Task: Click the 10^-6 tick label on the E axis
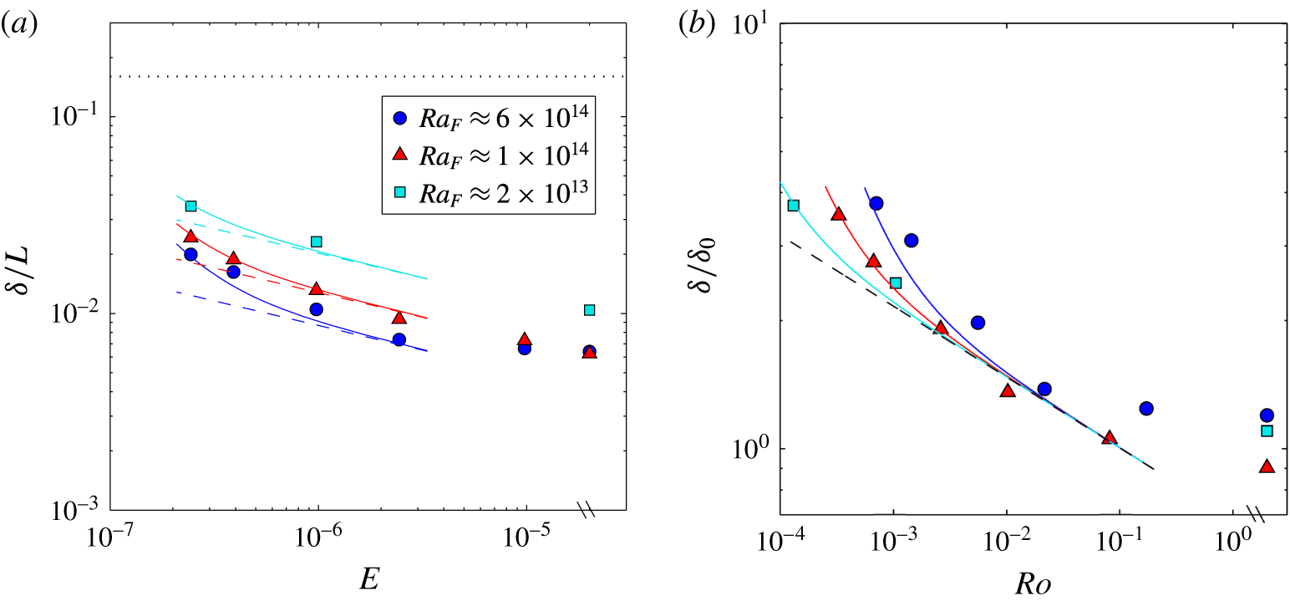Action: pyautogui.click(x=317, y=539)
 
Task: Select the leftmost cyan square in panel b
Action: pyautogui.click(x=794, y=206)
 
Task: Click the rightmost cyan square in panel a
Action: pyautogui.click(x=589, y=310)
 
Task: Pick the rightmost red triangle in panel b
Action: pyautogui.click(x=1267, y=466)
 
